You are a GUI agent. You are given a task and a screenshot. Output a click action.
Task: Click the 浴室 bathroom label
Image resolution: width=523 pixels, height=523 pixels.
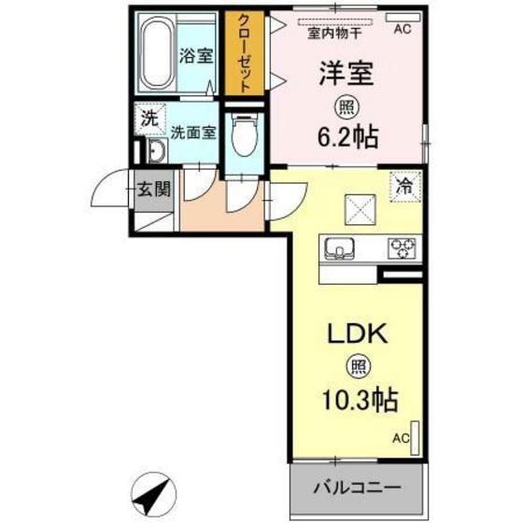pyautogui.click(x=195, y=55)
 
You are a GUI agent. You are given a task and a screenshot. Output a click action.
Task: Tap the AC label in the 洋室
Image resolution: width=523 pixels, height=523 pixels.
pyautogui.click(x=402, y=30)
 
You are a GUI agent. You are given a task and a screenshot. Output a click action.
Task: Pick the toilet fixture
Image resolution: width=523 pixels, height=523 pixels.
pyautogui.click(x=244, y=136)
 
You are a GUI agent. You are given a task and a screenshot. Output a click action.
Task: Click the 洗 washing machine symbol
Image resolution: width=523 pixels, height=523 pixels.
pyautogui.click(x=148, y=119)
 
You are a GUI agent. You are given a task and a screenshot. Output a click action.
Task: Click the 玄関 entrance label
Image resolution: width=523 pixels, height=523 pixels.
pyautogui.click(x=153, y=190)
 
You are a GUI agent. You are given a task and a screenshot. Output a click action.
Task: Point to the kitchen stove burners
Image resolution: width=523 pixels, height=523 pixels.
pyautogui.click(x=403, y=247)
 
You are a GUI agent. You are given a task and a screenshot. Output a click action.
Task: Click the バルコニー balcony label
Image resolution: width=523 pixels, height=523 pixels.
pyautogui.click(x=356, y=487)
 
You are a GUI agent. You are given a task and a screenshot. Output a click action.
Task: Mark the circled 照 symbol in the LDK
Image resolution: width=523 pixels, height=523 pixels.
pyautogui.click(x=356, y=367)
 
